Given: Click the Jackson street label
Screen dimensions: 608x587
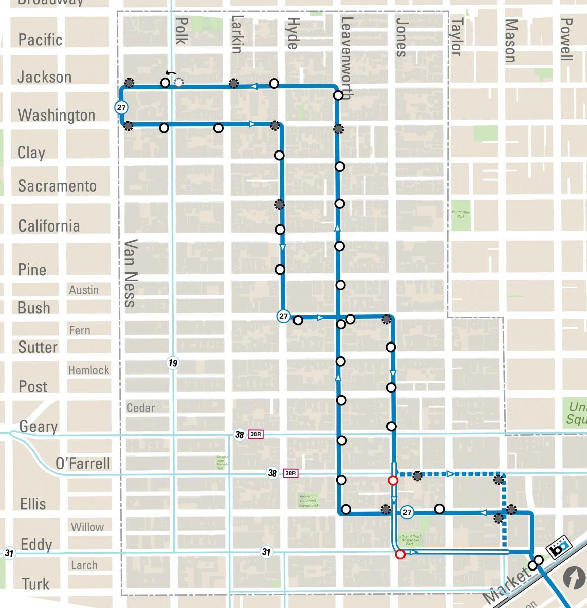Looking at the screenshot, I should coord(44,77).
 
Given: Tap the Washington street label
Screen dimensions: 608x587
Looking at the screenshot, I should coord(56,115).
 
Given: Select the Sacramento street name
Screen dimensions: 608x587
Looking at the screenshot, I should coord(57,186).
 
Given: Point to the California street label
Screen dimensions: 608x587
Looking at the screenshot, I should coord(49,225).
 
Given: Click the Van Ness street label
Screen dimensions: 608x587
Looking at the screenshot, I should coord(130,273).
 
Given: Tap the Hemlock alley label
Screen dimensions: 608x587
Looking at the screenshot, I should coord(89,370).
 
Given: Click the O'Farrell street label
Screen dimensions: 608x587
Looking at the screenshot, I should coord(83,463).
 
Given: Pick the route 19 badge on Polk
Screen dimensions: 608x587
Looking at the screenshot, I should coord(173,363).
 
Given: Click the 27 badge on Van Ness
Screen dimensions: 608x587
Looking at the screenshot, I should coord(121,107).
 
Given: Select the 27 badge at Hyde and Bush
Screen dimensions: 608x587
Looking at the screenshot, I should coord(283,316).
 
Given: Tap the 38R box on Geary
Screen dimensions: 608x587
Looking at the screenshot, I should coord(255,435).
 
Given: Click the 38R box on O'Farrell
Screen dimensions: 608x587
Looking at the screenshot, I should coord(290,473).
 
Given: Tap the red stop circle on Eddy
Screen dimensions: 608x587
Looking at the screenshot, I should coord(400,554).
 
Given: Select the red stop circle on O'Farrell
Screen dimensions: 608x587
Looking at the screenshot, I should coord(393,480).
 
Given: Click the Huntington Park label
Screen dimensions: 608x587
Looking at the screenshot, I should coord(461,214).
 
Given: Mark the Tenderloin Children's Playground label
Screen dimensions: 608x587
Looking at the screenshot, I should coord(308,501).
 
